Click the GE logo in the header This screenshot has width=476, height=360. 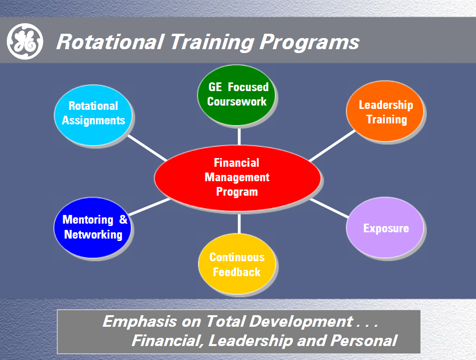click(x=25, y=41)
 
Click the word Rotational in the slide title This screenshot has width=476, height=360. click(x=110, y=41)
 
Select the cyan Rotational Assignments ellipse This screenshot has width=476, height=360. click(x=93, y=115)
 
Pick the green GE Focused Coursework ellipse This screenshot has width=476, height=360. click(x=237, y=95)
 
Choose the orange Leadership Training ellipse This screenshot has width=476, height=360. click(x=385, y=111)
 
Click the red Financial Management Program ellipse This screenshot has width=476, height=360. click(x=238, y=178)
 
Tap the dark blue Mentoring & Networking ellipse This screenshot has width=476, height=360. click(x=93, y=227)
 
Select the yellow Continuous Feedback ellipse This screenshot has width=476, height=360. click(x=237, y=264)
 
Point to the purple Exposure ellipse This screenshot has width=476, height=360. click(x=385, y=227)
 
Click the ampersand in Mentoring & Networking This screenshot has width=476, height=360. click(x=123, y=219)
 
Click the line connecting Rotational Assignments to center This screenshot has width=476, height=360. click(x=147, y=148)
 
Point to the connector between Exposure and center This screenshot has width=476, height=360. click(x=329, y=208)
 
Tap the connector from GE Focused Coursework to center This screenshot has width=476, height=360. click(x=239, y=135)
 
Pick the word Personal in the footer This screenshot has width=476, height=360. click(x=364, y=341)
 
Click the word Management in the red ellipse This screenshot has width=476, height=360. click(x=237, y=177)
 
